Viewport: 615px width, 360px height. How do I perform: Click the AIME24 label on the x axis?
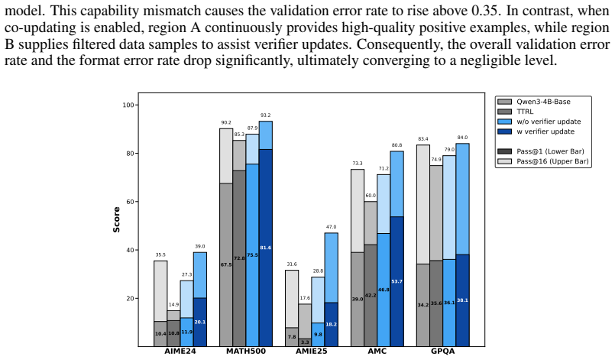pyautogui.click(x=180, y=351)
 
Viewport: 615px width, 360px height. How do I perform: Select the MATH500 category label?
pyautogui.click(x=245, y=351)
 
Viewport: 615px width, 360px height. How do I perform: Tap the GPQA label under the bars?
pyautogui.click(x=443, y=351)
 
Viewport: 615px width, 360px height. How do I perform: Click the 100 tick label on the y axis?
pyautogui.click(x=128, y=105)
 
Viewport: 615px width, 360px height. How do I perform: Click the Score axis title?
pyautogui.click(x=116, y=220)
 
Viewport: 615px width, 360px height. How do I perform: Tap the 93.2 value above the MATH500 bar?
pyautogui.click(x=266, y=115)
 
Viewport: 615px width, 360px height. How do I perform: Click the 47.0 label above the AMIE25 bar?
pyautogui.click(x=331, y=227)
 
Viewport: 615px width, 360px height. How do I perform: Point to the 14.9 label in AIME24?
pyautogui.click(x=173, y=305)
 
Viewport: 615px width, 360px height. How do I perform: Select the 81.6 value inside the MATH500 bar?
pyautogui.click(x=266, y=248)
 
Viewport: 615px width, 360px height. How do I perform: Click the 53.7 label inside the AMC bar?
pyautogui.click(x=397, y=281)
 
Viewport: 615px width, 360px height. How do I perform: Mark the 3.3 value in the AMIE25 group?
pyautogui.click(x=305, y=342)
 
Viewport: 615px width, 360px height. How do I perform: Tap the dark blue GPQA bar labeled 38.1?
pyautogui.click(x=462, y=300)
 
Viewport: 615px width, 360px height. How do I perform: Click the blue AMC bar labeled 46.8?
pyautogui.click(x=384, y=290)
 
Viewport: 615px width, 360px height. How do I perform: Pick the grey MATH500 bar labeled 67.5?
pyautogui.click(x=226, y=265)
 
